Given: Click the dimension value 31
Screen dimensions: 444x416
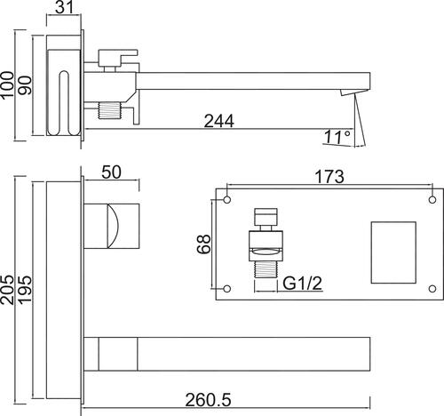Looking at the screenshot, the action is (x=64, y=7).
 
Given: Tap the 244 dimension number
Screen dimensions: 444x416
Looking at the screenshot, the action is (x=219, y=121).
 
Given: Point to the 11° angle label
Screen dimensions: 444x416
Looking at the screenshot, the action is (x=337, y=136).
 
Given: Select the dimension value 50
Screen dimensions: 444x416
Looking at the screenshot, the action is (x=111, y=172).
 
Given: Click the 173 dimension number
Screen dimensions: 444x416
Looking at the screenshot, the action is (x=329, y=177).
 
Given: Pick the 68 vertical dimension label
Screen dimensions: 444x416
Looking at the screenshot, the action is (x=203, y=244).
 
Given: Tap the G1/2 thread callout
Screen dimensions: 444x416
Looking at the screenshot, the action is (x=302, y=284).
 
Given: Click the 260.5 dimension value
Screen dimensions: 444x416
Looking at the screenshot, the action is (x=208, y=400).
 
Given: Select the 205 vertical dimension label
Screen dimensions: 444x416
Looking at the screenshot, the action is (x=7, y=290).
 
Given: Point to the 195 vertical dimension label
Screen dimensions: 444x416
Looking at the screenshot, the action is (x=25, y=290).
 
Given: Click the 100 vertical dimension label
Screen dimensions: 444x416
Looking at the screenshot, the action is (x=7, y=84).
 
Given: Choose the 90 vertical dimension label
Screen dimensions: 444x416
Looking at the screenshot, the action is (x=25, y=85).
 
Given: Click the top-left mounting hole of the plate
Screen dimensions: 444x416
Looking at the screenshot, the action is (x=227, y=200).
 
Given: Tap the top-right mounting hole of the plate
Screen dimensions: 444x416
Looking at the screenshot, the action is (x=432, y=200).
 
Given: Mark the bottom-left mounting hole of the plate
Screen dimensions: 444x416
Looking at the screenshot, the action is (x=227, y=289).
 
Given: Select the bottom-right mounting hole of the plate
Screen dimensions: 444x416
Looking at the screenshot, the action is (x=432, y=289).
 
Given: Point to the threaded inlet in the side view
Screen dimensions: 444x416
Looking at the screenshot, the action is (x=110, y=110).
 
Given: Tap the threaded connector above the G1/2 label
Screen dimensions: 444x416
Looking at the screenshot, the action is (x=266, y=269).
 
